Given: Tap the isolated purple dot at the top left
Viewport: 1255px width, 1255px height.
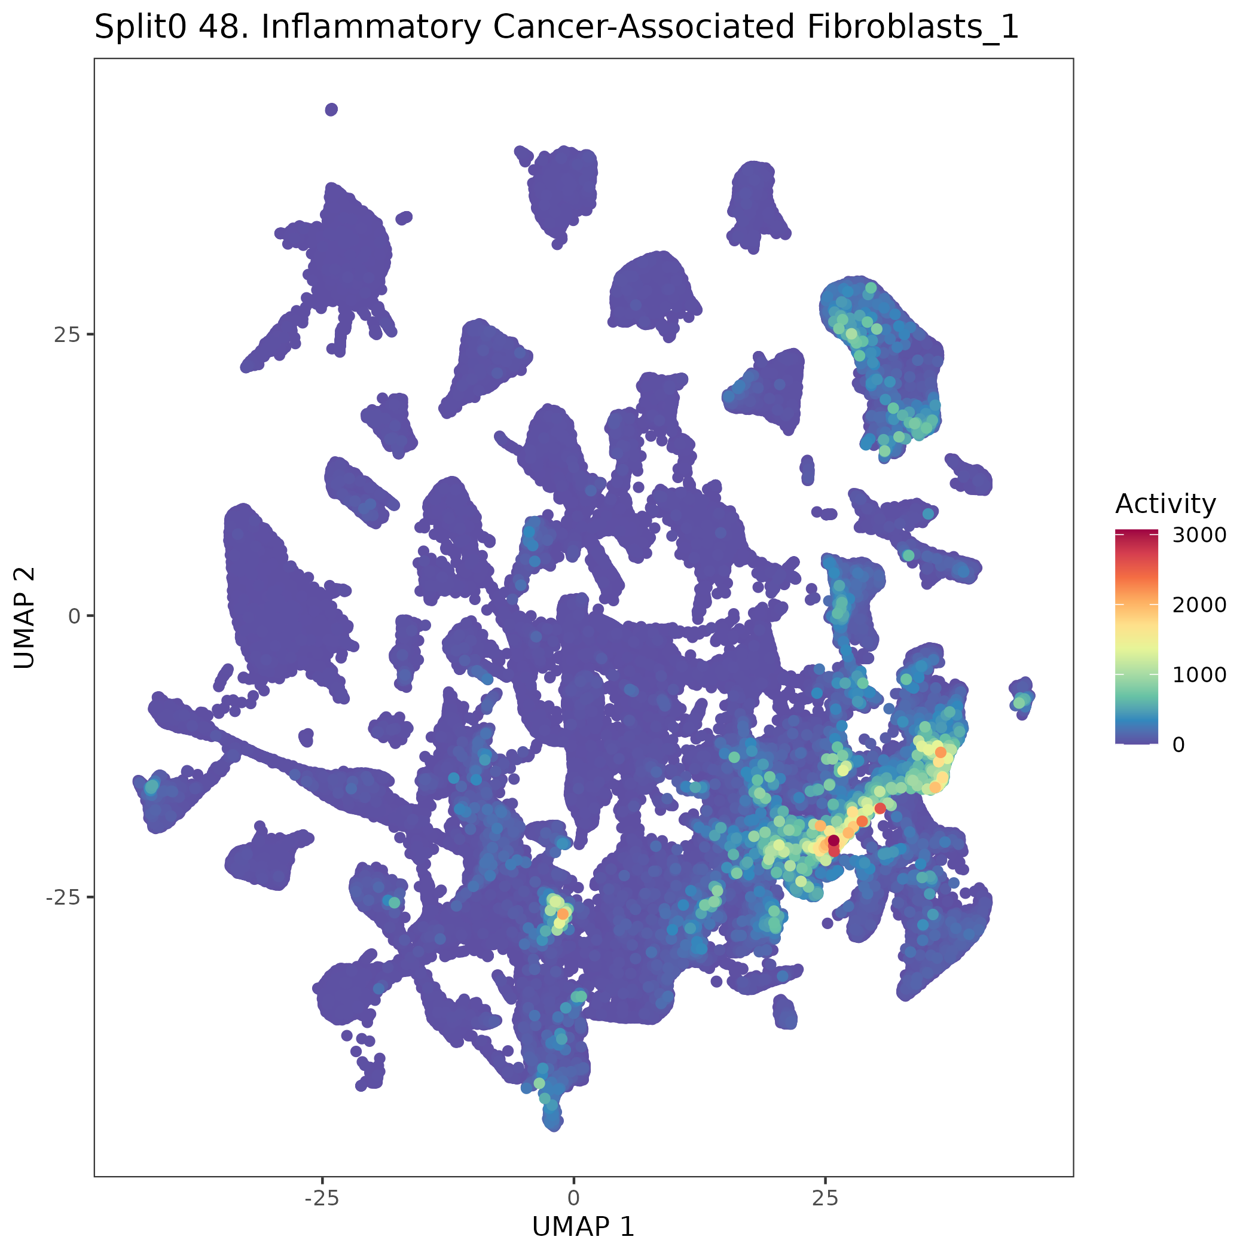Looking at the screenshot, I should pos(331,109).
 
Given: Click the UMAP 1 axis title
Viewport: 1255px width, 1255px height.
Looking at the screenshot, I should pos(583,1226).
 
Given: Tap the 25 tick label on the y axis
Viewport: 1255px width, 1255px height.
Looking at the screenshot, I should pos(65,335).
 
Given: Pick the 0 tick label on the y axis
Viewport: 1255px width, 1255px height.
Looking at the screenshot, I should pos(74,616).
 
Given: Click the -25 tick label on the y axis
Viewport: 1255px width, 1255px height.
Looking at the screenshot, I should pos(61,897).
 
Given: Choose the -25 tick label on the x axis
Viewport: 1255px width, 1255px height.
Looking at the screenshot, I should pos(322,1197).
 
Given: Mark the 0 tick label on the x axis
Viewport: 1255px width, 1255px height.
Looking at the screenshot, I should pos(573,1197).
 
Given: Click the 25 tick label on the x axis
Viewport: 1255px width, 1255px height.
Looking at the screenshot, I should pos(825,1197).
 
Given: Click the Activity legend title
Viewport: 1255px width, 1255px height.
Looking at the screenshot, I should pos(1165,504).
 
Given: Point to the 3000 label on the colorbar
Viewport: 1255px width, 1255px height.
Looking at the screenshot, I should pos(1199,535).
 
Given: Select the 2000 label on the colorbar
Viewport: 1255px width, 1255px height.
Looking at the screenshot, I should pos(1199,604).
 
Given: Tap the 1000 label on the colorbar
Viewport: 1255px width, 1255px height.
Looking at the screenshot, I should pos(1199,675).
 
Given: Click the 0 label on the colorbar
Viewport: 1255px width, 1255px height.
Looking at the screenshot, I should pos(1178,744).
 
